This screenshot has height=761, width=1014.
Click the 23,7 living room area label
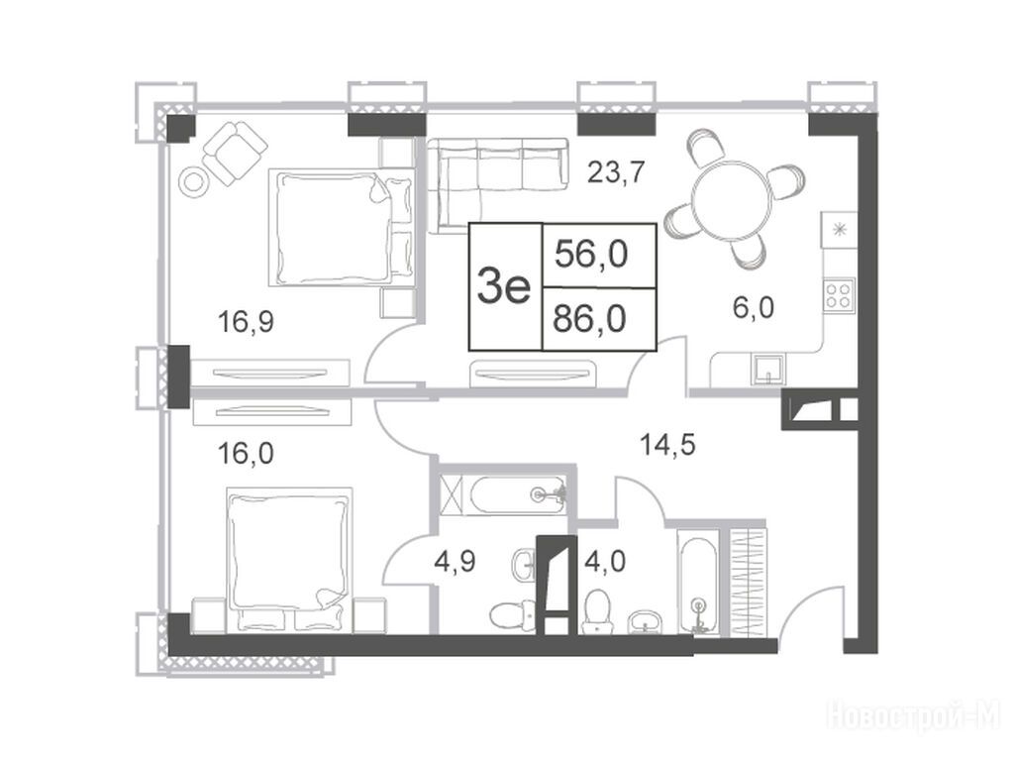[616, 172]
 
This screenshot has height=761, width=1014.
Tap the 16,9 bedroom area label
[246, 322]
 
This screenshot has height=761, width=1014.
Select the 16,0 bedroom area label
[246, 454]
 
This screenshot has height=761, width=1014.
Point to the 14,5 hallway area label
[667, 445]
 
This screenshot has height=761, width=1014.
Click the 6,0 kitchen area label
[754, 308]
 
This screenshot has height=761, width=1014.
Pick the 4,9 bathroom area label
[456, 561]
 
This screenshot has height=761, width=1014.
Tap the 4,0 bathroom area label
[605, 561]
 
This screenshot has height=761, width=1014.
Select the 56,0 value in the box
[592, 255]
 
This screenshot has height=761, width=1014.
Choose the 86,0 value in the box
[590, 319]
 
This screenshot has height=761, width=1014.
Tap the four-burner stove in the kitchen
[839, 295]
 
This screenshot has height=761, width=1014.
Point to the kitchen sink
[768, 370]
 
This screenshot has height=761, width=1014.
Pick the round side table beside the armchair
[193, 181]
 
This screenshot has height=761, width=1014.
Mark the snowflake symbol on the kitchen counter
[839, 229]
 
